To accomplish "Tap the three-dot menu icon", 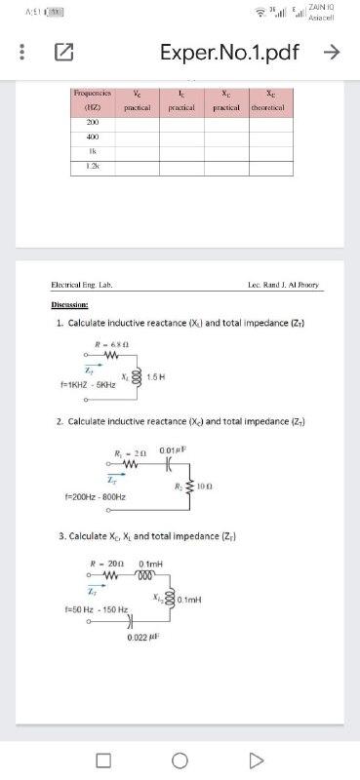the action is (x=14, y=53).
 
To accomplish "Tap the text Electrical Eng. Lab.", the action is (x=83, y=285).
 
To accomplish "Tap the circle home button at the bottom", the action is (x=180, y=758).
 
